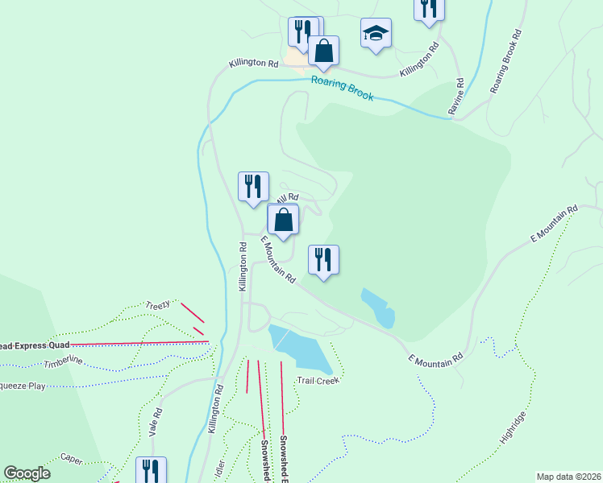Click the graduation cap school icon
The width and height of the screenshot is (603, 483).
(x=376, y=33)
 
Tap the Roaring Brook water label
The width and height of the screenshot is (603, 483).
(x=343, y=87)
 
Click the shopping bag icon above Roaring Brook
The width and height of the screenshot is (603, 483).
(x=323, y=51)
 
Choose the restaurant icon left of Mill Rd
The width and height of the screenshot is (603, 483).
(x=253, y=187)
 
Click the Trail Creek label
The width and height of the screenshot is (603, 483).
(x=320, y=378)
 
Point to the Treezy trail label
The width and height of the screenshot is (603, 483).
(x=158, y=305)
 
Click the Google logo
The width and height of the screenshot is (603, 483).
(x=27, y=473)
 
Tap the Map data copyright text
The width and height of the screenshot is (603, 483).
(x=568, y=477)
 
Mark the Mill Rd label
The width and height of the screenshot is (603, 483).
(x=287, y=197)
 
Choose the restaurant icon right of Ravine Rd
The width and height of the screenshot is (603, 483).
(x=428, y=8)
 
